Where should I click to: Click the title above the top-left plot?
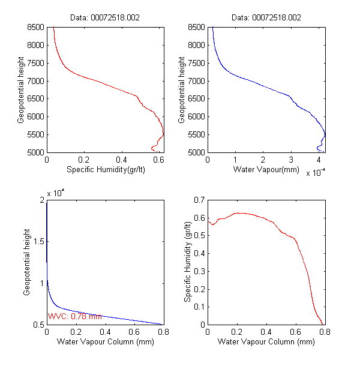(x=106, y=19)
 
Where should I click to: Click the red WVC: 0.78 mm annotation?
(x=75, y=316)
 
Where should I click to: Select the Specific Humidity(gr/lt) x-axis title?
(x=105, y=170)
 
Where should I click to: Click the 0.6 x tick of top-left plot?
(x=159, y=160)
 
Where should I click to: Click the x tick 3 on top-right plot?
(x=291, y=160)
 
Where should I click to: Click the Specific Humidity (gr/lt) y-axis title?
(x=188, y=262)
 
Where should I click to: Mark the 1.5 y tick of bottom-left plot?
(x=38, y=241)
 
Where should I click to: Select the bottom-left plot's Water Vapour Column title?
(x=105, y=342)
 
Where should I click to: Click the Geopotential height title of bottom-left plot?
(x=27, y=262)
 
